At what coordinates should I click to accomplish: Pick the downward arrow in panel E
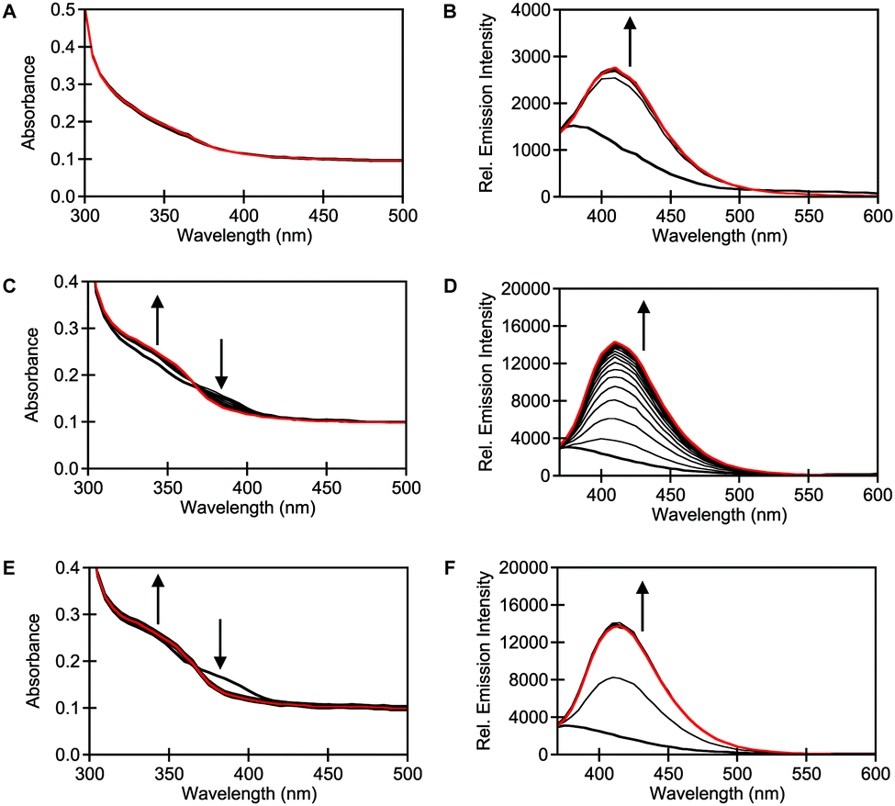click(220, 644)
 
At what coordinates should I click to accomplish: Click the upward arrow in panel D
click(643, 326)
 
